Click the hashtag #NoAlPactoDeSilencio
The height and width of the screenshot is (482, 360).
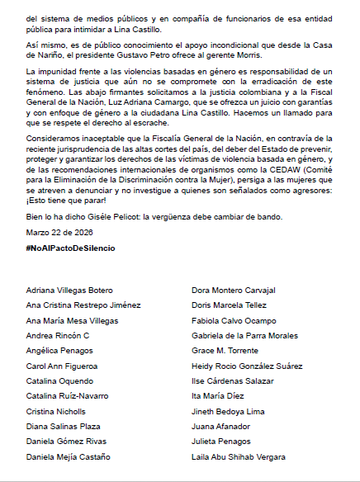coord(69,248)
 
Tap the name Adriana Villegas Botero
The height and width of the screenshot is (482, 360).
coord(70,291)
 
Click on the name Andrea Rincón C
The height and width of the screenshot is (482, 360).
coord(58,336)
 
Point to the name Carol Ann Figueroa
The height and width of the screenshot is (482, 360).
coord(63,366)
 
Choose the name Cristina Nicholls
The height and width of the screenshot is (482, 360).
coord(57,411)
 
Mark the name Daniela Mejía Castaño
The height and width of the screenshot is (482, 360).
coord(68,456)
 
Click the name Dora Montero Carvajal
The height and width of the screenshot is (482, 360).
coord(234,291)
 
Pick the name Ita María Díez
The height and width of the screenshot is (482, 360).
coord(218,396)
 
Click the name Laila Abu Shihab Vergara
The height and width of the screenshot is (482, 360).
coord(239,456)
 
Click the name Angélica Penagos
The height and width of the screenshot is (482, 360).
coord(60,351)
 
